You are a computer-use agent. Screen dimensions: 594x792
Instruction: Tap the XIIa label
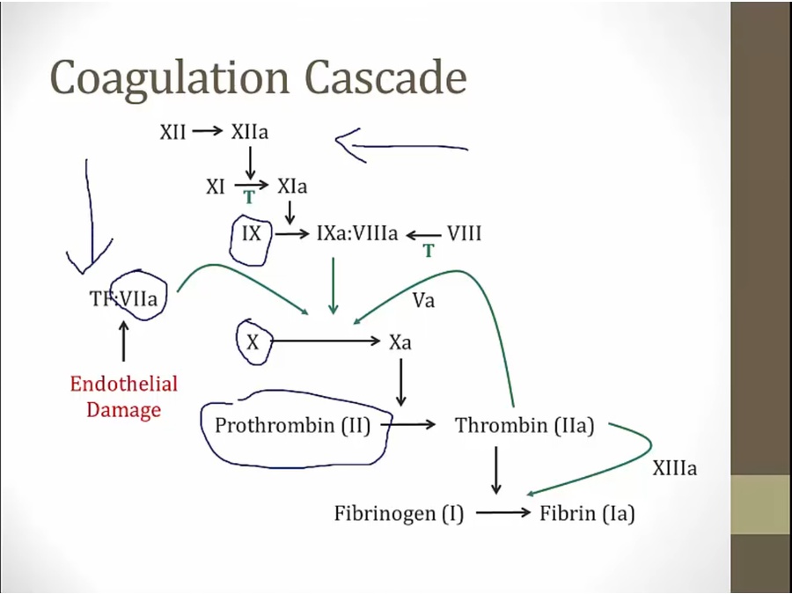250,132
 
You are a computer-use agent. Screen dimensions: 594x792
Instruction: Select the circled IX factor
251,234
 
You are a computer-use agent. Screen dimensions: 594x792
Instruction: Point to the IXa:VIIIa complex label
357,234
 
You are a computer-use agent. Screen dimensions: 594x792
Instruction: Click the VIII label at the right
464,234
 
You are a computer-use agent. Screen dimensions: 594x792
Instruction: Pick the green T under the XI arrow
249,198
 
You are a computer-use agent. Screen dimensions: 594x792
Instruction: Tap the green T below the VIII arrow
429,251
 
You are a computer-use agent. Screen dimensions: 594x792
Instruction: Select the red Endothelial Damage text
124,397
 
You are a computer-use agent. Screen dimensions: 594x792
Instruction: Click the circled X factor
253,342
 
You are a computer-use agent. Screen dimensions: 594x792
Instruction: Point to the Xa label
400,342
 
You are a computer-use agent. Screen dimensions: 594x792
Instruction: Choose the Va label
423,299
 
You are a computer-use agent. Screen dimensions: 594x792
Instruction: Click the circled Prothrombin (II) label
292,426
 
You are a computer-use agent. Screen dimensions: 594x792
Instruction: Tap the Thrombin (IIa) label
524,426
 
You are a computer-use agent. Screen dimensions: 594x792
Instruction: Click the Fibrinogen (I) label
399,514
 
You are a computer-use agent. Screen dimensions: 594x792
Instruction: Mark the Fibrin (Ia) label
586,514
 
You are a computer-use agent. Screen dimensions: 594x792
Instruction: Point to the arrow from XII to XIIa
209,132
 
